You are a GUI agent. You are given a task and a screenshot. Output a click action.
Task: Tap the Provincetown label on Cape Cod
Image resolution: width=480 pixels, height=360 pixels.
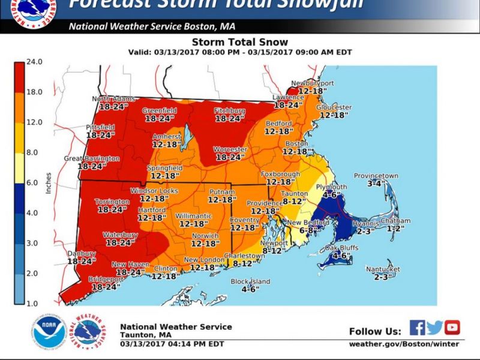coord(376,176)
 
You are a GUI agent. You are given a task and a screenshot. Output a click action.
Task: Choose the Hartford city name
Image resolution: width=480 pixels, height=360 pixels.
coord(151,211)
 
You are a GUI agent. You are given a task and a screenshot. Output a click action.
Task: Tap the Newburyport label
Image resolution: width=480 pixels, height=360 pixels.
coord(312,83)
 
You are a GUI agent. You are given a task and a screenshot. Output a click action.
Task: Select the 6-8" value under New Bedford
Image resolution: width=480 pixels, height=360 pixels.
coord(308,230)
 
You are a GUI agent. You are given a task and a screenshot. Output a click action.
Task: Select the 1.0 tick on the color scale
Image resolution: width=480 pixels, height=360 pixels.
coord(33,304)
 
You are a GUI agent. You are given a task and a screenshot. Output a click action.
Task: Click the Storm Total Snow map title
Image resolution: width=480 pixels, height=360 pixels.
coord(239,43)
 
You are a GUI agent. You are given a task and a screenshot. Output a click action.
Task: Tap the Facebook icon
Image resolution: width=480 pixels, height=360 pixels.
coord(418,327)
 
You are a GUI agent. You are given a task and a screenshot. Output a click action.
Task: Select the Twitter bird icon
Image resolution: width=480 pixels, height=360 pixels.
coord(435,327)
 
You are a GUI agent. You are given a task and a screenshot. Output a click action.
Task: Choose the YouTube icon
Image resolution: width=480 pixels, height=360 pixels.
coord(452,327)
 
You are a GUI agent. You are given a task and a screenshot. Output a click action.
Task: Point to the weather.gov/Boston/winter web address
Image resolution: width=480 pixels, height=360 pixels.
coord(404,344)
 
